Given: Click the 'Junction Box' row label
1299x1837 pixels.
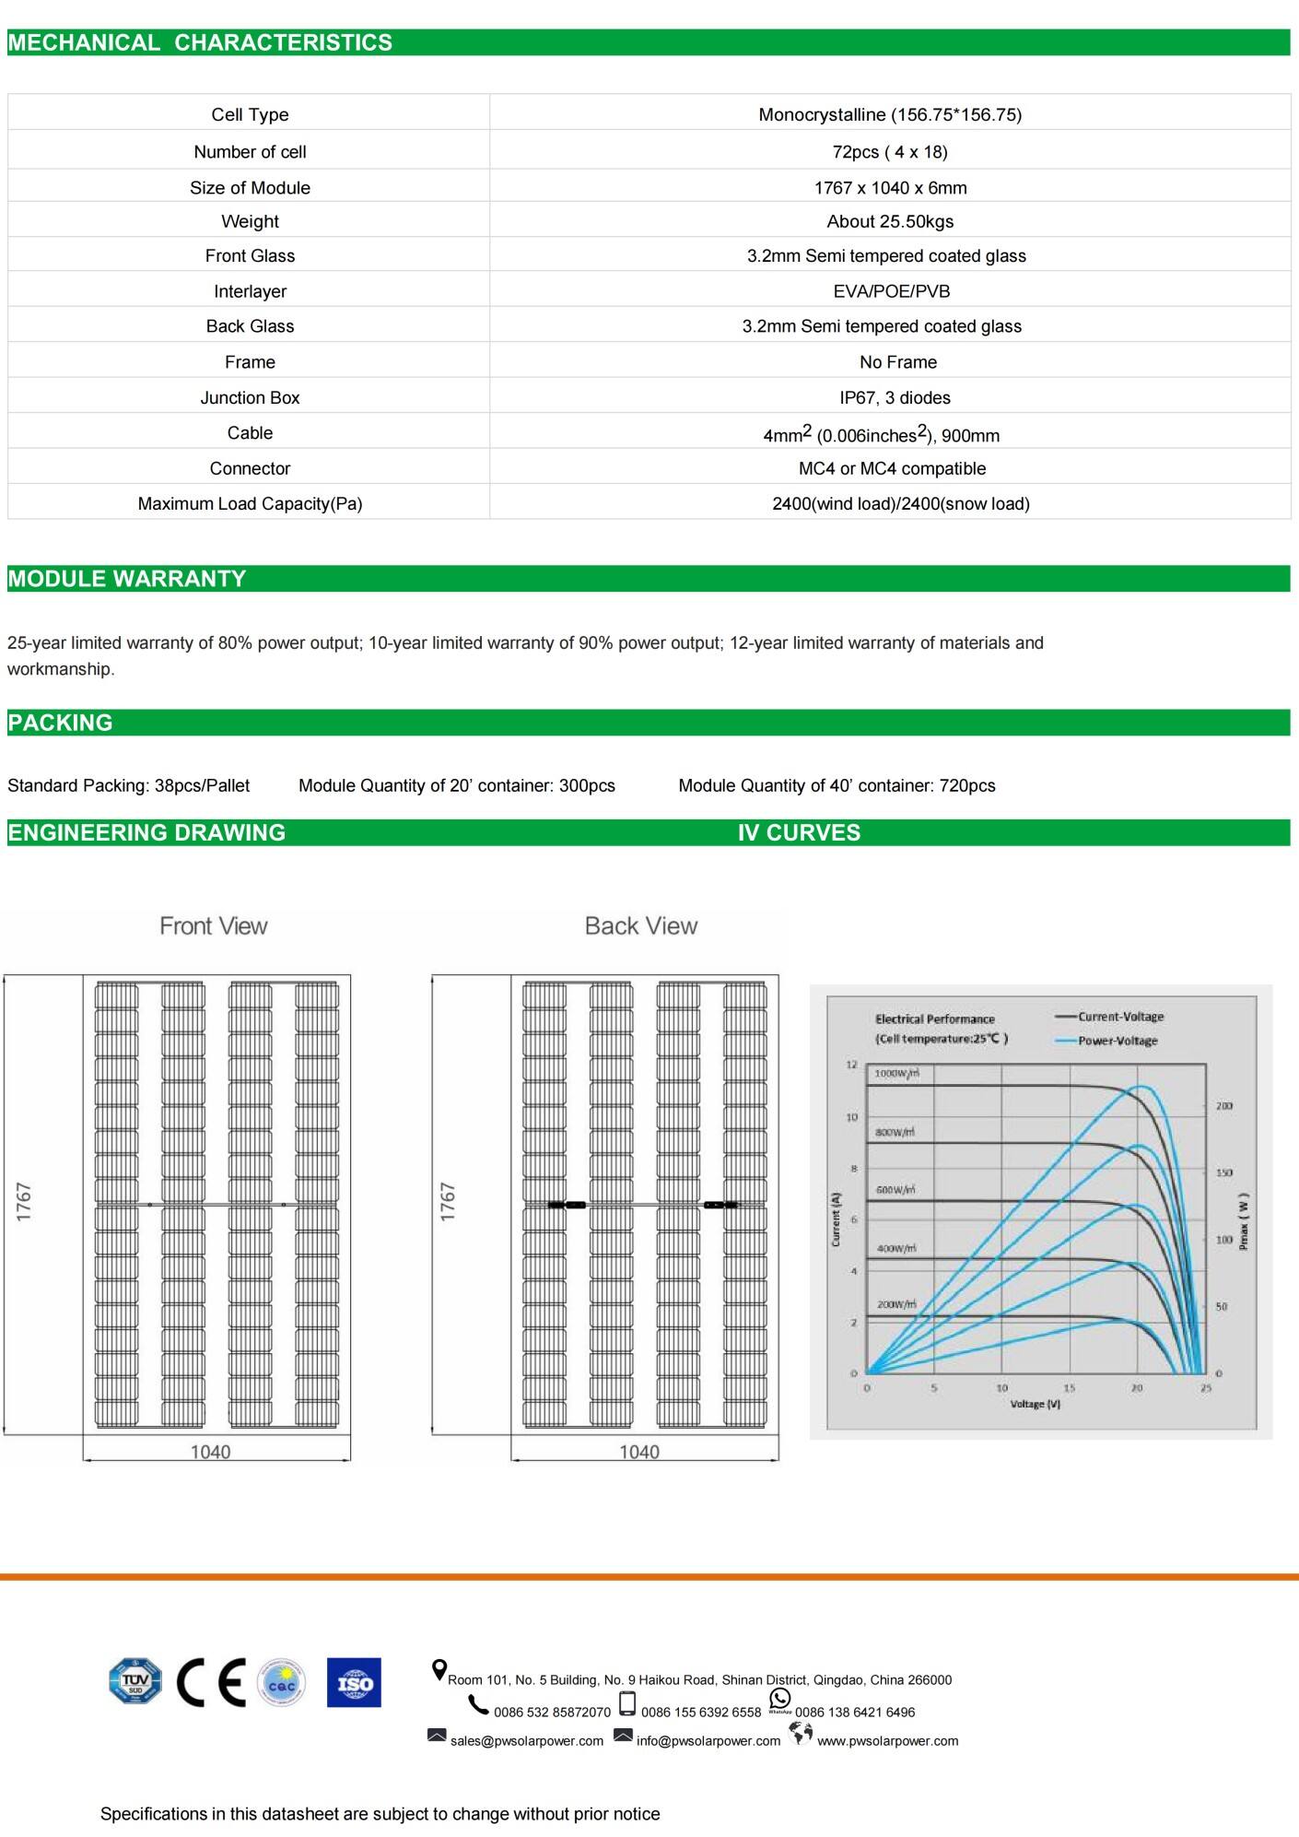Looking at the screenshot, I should pos(250,397).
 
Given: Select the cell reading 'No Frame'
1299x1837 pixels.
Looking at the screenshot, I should pos(897,362).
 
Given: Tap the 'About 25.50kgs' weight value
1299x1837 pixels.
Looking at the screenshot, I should pos(890,221).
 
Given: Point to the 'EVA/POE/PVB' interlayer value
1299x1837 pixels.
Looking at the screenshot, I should pos(891,291).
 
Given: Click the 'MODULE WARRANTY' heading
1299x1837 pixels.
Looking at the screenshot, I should pos(127,579).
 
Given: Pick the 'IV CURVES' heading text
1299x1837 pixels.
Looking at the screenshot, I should pos(799,832).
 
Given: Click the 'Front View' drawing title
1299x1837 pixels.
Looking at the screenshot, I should pos(213,925).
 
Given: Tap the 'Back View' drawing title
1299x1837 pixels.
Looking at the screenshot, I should pos(641,925).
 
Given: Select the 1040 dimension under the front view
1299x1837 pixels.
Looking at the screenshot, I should pos(210,1452).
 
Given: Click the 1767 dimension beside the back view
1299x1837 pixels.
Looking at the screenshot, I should pos(448,1202).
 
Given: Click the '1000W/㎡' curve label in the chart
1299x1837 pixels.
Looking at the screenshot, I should pos(896,1074).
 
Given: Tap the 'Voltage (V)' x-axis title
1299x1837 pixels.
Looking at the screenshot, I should pos(1035,1404).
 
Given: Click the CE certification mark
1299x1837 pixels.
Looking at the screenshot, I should pos(211,1682).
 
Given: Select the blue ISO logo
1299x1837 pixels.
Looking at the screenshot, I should pos(354,1682).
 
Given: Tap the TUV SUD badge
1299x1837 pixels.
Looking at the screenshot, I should pos(135,1682).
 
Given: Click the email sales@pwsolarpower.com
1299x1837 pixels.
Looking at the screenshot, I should pos(527,1741).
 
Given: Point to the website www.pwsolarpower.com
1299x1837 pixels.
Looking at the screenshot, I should pos(887,1741).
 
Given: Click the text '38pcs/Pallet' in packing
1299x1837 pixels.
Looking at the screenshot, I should pos(202,785).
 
